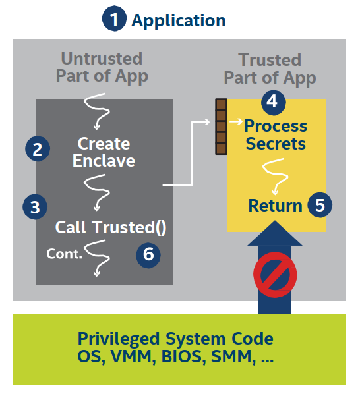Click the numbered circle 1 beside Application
[x=114, y=18]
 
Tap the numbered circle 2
[x=38, y=148]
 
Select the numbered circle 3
[x=35, y=207]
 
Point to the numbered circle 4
[x=273, y=102]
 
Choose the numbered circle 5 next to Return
[x=320, y=205]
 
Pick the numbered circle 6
[x=148, y=254]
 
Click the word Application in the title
[x=179, y=20]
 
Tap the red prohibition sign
[x=275, y=275]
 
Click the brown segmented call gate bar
[x=221, y=127]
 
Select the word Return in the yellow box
[x=275, y=206]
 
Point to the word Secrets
[x=276, y=144]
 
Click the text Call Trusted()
[x=111, y=227]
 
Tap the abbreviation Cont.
[x=64, y=254]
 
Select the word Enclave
[x=104, y=161]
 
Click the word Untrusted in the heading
[x=102, y=59]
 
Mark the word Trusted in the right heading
[x=270, y=60]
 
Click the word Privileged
[x=119, y=339]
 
